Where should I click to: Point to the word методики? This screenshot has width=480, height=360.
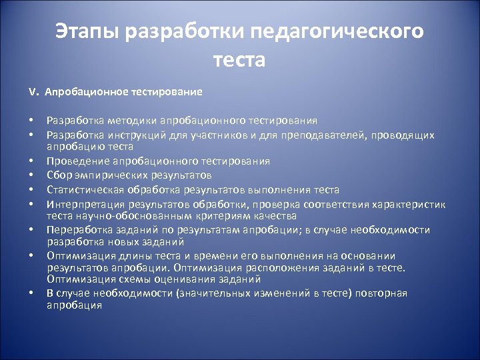[x=126, y=121]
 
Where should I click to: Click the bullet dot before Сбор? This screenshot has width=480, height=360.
[x=31, y=175]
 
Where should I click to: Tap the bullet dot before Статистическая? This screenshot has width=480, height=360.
[x=31, y=190]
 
